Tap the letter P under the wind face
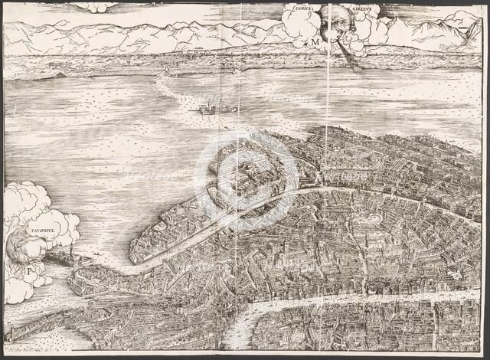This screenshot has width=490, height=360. point(28,270)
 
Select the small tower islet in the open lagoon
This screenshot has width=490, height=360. point(207,108)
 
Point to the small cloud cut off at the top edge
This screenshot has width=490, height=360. point(95,7)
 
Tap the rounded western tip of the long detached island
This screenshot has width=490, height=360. point(136,251)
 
